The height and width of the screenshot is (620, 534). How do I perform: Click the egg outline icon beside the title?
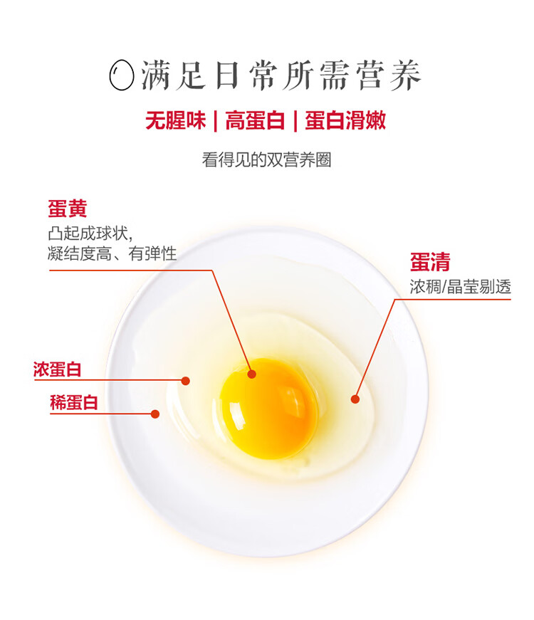[122, 75]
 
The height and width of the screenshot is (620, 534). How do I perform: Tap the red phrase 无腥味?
[176, 120]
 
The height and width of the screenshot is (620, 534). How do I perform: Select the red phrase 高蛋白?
[255, 120]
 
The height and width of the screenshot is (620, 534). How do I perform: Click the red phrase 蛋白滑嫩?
[345, 120]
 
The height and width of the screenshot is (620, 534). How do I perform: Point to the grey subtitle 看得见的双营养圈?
[266, 160]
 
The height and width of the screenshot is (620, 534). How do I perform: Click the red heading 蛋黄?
[67, 209]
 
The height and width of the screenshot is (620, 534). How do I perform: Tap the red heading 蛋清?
[430, 262]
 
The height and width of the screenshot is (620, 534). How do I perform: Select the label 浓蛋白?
[58, 369]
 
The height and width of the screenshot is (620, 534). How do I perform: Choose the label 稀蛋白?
[74, 402]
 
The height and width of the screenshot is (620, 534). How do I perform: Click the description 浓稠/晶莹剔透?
[461, 287]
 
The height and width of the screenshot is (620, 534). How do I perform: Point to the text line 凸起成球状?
[90, 233]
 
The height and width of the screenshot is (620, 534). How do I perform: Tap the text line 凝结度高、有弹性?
[112, 253]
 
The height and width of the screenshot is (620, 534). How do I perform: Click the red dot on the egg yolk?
[252, 374]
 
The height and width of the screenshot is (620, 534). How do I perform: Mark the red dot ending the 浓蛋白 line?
[186, 381]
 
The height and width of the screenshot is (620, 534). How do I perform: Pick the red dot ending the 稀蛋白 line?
[155, 414]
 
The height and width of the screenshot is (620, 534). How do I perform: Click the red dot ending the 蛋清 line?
[355, 399]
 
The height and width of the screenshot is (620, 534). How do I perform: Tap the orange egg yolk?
[268, 409]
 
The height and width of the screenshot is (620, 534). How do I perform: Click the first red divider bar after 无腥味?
[215, 121]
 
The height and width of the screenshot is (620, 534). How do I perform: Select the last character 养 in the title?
[405, 75]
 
